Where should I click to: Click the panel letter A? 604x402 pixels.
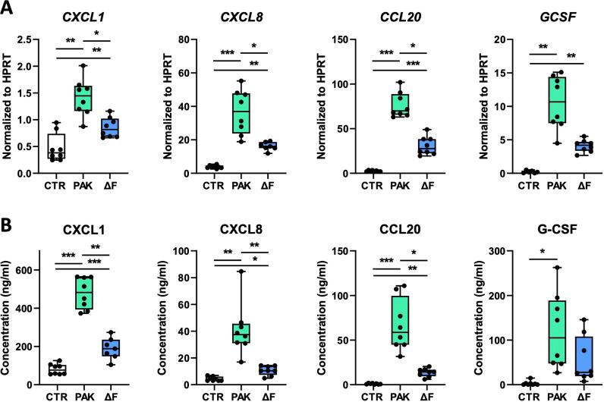pyautogui.click(x=7, y=9)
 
